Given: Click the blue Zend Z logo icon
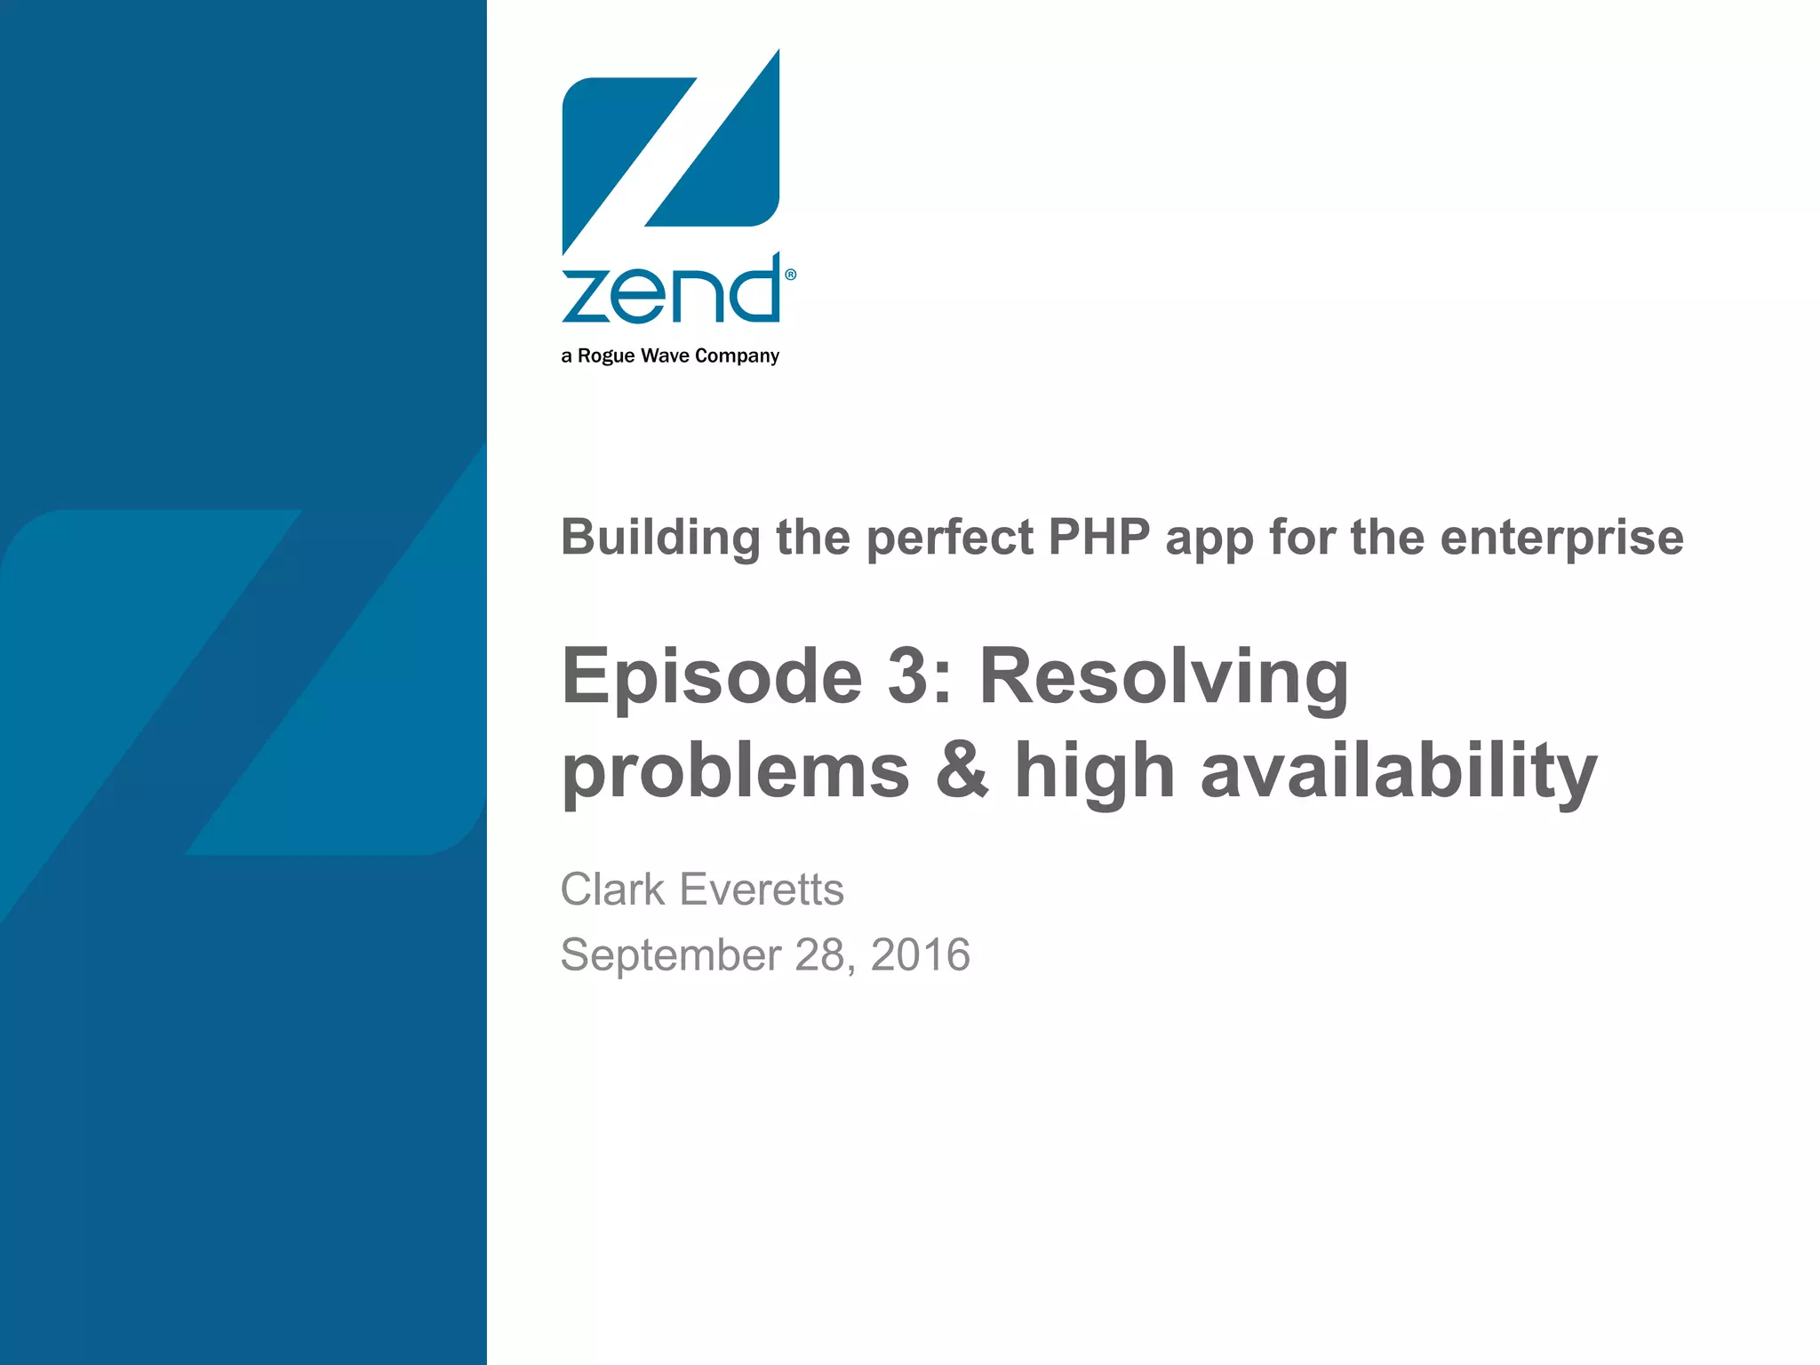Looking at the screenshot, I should point(671,151).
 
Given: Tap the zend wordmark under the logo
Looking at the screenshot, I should point(671,291).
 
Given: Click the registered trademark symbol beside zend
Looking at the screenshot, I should point(791,275).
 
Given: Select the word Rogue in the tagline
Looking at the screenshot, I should point(606,355).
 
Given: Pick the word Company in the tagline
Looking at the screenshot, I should point(737,356).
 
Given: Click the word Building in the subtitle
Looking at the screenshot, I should point(660,538).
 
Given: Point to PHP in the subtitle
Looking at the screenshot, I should point(1099,537).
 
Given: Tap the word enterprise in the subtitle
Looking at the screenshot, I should point(1561,539).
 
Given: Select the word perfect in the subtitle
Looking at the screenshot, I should point(950,539).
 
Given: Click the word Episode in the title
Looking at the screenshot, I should point(712,677).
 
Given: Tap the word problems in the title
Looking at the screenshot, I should point(736,771).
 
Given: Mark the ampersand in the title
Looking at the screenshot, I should point(962,770).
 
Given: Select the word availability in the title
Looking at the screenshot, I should point(1399,771).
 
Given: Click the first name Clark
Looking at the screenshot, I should point(612,890).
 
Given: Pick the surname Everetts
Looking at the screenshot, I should point(762,890).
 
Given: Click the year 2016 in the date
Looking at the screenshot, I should point(921,954).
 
